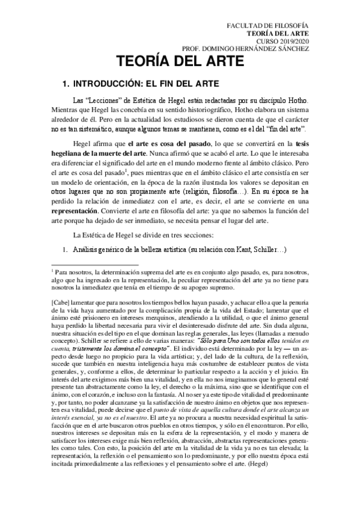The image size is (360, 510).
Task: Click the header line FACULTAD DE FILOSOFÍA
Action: point(274,26)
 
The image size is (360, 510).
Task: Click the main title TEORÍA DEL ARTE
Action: point(180,63)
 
